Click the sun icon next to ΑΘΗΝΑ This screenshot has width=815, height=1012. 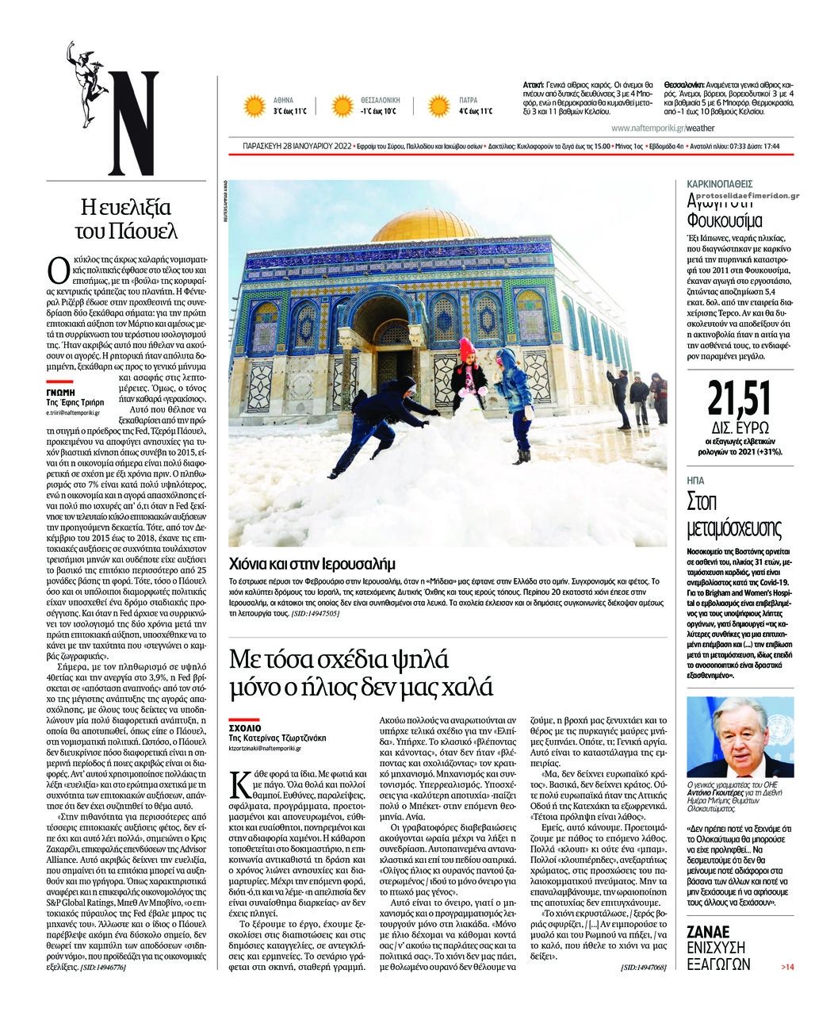click(x=254, y=106)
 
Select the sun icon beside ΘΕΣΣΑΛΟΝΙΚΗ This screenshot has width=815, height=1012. click(x=342, y=106)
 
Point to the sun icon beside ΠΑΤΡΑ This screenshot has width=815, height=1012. click(x=439, y=106)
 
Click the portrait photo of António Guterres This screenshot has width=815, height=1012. click(x=740, y=737)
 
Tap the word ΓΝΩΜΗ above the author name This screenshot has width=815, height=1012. click(x=59, y=392)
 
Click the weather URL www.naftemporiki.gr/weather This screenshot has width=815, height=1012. click(x=662, y=127)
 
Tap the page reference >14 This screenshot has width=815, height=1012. click(x=786, y=966)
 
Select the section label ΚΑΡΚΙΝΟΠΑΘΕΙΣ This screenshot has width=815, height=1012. click(x=720, y=184)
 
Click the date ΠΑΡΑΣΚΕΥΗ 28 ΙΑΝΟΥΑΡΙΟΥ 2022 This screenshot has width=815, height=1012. click(x=297, y=147)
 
